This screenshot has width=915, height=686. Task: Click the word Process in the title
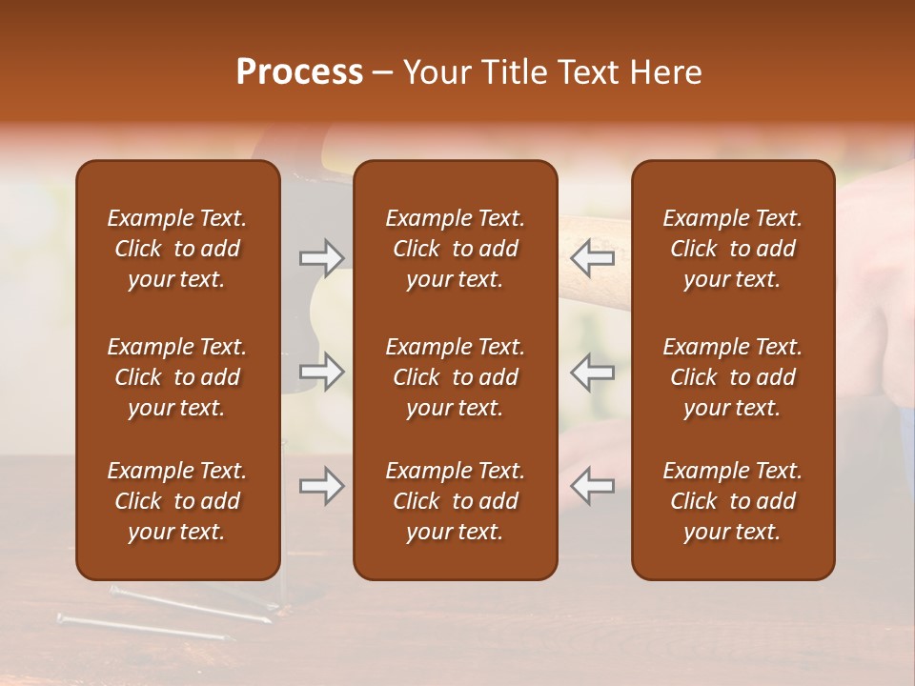(299, 72)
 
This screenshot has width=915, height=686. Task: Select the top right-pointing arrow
(322, 258)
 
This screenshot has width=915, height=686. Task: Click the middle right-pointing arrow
(322, 373)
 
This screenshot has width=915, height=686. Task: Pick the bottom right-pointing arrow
(322, 487)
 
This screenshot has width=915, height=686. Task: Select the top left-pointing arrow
(593, 258)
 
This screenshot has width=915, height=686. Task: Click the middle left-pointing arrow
(593, 373)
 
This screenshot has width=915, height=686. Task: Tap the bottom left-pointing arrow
(593, 487)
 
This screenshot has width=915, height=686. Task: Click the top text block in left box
(177, 249)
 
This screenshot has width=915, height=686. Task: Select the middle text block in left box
(177, 377)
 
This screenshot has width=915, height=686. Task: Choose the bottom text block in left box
(177, 501)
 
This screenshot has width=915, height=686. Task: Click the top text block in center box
(455, 249)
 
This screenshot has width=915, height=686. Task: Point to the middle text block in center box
(455, 377)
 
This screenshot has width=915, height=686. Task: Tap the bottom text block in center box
(455, 501)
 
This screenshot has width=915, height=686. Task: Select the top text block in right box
(732, 249)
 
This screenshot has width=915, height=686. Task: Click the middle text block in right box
(732, 377)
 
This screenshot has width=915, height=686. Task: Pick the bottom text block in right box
(732, 501)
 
